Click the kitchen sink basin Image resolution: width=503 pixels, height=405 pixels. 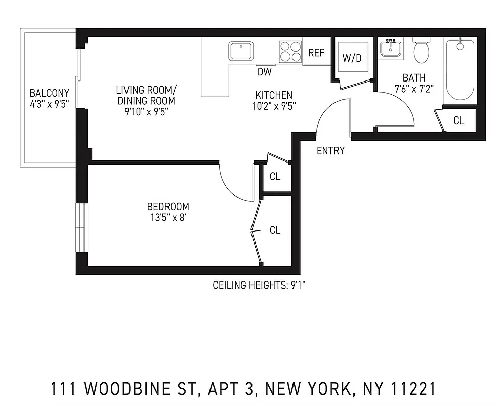(x=241, y=51)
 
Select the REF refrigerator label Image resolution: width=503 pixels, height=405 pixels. (x=316, y=53)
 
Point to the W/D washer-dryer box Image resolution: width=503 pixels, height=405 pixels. (x=352, y=57)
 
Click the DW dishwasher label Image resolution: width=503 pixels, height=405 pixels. (x=264, y=72)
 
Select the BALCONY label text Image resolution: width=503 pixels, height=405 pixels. (x=49, y=93)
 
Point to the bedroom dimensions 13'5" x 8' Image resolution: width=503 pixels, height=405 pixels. (x=168, y=217)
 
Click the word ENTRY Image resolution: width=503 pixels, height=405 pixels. (x=330, y=151)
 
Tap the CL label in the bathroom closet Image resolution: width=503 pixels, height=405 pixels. (x=458, y=120)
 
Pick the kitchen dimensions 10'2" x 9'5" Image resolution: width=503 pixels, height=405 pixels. (x=274, y=106)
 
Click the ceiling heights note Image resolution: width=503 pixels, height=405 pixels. (x=259, y=286)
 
